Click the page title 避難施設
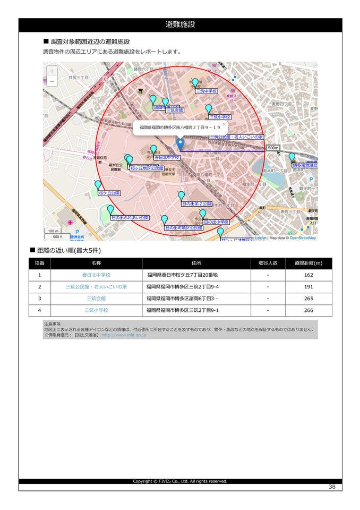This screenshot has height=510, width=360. (180, 24)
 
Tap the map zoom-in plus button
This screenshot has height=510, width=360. (52, 71)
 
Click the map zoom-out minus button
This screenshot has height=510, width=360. (52, 81)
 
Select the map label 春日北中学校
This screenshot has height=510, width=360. (167, 158)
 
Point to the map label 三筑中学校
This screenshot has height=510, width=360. (207, 91)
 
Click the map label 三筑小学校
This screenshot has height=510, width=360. (220, 117)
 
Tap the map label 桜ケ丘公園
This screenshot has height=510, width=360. (109, 193)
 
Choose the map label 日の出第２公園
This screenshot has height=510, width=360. (196, 204)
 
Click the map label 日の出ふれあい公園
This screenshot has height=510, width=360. (130, 218)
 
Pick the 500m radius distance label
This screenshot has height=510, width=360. (273, 148)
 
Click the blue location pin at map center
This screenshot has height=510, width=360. (180, 143)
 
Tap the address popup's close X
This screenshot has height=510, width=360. (224, 124)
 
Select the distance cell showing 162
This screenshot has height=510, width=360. (308, 275)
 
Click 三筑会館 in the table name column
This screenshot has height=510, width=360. (96, 299)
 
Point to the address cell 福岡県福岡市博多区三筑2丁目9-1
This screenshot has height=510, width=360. (183, 310)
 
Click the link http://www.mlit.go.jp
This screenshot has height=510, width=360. (124, 335)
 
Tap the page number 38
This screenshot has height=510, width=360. (332, 487)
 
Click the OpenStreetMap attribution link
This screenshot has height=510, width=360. (303, 238)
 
